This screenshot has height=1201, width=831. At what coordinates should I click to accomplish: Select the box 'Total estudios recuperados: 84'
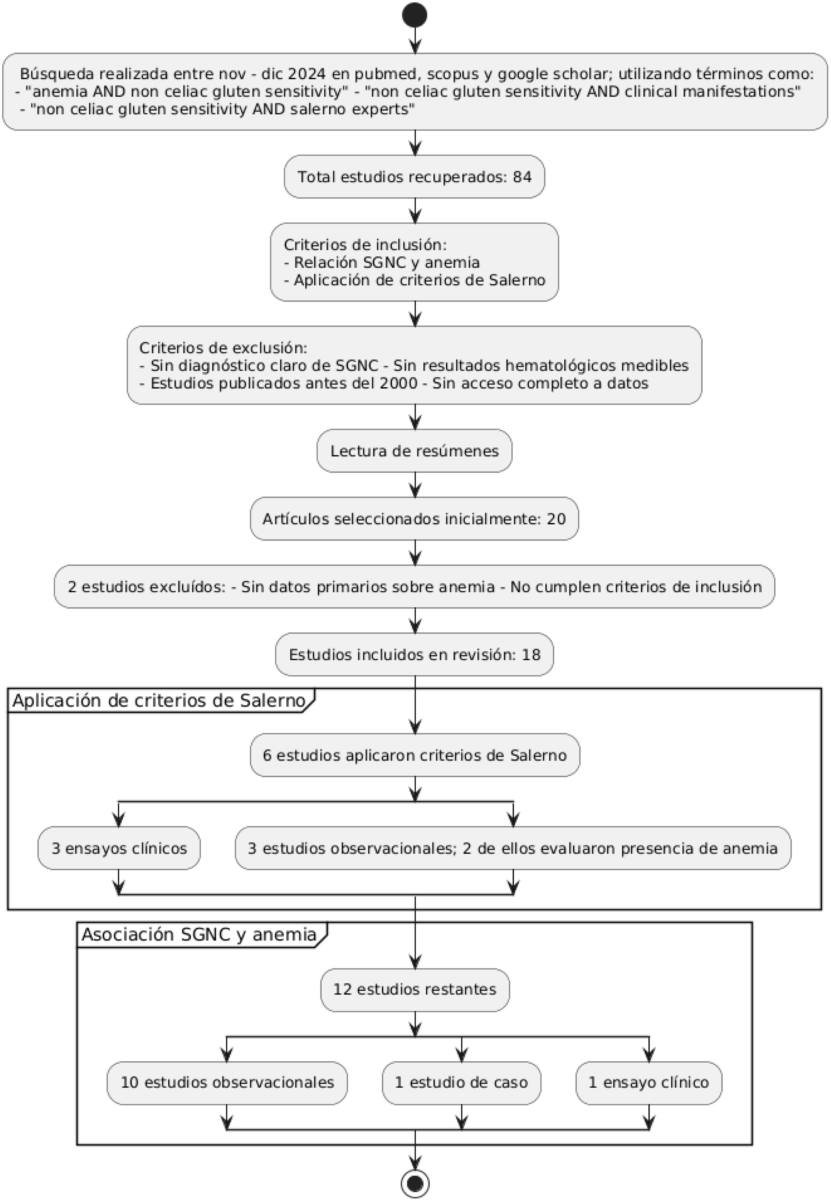pos(415,177)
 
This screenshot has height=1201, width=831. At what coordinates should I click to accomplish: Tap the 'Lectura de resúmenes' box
pos(415,451)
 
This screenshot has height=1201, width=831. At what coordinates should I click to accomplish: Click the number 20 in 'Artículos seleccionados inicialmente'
pos(556,519)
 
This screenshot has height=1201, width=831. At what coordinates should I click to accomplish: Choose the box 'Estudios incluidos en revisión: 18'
pos(415,655)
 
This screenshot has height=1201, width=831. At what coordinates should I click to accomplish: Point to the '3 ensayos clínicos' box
pos(119,848)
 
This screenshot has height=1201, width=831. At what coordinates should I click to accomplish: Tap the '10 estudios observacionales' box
pos(227,1083)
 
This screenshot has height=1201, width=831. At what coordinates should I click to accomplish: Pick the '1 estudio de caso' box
pos(461,1083)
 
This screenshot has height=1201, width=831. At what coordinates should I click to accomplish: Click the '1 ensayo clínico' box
pos(649,1083)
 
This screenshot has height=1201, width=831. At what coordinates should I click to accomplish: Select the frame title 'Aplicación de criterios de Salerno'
pos(159,701)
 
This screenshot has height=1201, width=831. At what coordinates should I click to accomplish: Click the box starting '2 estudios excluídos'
pos(415,587)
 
